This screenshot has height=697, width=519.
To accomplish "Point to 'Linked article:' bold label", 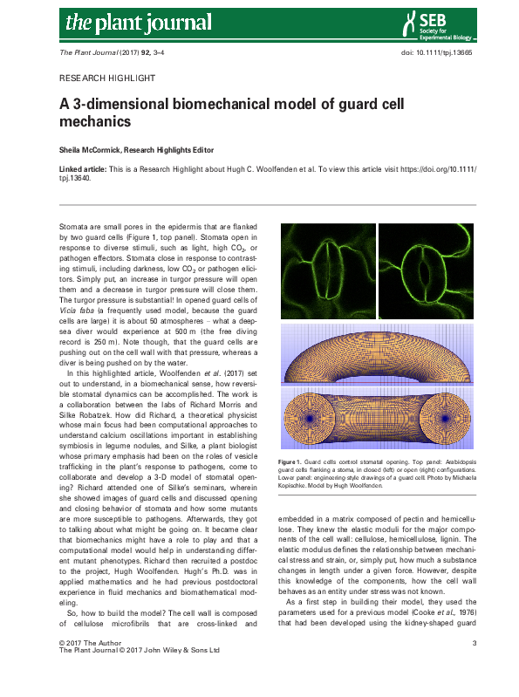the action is [x=85, y=167].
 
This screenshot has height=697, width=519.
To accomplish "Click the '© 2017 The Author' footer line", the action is [x=89, y=667].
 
